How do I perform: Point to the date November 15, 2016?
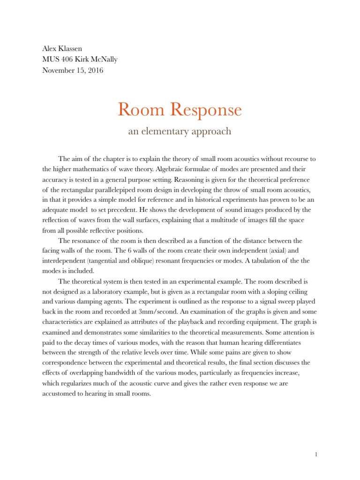click(73, 70)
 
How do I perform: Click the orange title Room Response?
click(180, 110)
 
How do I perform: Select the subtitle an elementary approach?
click(180, 131)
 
